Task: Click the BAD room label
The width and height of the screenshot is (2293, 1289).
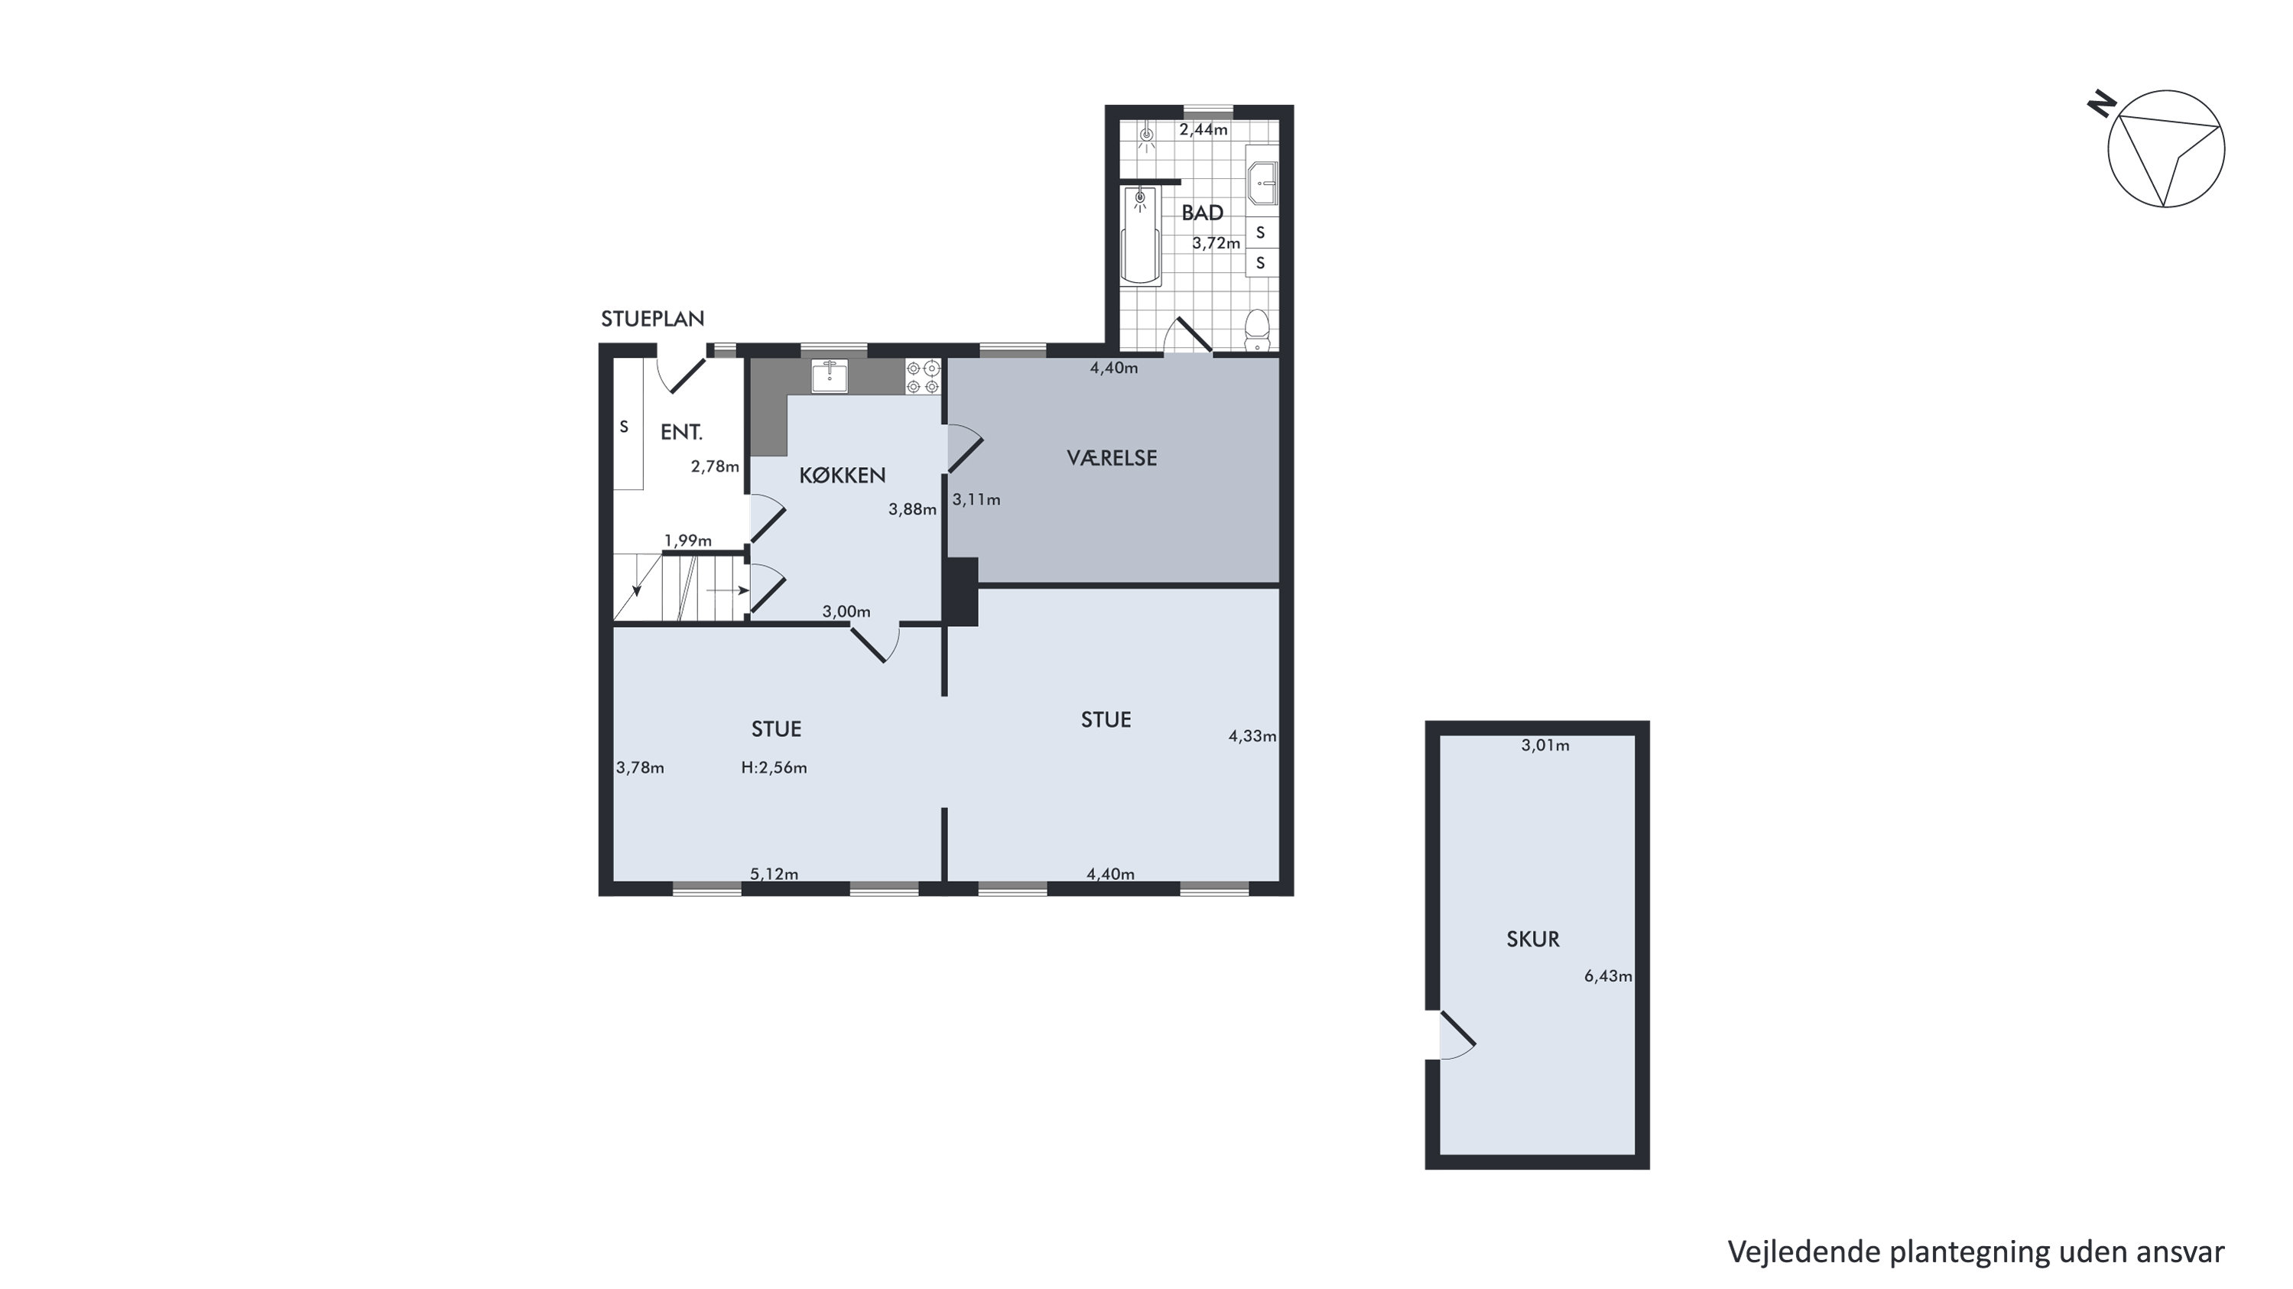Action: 1202,213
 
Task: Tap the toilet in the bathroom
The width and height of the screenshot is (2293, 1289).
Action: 1257,329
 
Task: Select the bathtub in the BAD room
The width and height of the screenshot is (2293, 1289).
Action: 1140,236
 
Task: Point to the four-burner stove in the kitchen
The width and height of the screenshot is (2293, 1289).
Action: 923,377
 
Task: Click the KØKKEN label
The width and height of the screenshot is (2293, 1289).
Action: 842,476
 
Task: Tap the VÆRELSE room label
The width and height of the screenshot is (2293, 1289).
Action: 1112,459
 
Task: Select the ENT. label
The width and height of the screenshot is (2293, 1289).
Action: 682,433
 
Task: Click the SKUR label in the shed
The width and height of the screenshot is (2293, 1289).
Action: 1533,939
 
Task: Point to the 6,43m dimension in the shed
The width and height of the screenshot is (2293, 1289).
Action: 1608,976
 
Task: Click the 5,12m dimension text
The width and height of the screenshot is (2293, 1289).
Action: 774,874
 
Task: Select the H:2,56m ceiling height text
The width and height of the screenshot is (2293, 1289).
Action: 774,768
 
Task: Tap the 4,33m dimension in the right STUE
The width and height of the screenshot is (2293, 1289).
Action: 1252,736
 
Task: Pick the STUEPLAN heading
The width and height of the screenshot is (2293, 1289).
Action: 652,319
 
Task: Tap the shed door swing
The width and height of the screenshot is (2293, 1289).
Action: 1457,1035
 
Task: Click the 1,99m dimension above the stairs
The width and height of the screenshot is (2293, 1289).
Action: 688,541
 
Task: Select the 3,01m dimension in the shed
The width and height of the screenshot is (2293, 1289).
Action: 1545,746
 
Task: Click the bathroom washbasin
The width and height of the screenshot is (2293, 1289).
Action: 1263,183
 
